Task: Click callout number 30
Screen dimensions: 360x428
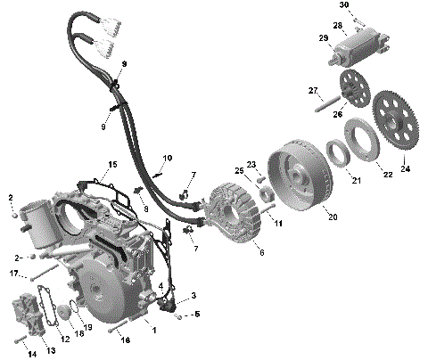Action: click(344, 6)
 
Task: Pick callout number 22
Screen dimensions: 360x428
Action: click(388, 175)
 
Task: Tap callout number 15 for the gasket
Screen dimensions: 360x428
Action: click(112, 164)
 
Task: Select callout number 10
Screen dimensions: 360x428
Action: click(166, 160)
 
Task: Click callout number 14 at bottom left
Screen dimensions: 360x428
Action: click(31, 354)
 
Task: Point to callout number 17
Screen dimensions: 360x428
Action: click(13, 274)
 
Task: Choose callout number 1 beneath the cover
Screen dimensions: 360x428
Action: click(153, 331)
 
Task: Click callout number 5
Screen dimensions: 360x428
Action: click(197, 314)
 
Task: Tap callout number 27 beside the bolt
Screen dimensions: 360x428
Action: click(313, 91)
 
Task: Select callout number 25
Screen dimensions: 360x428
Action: click(239, 170)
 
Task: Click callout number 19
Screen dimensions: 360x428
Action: click(88, 328)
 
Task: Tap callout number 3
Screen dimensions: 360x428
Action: click(193, 295)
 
